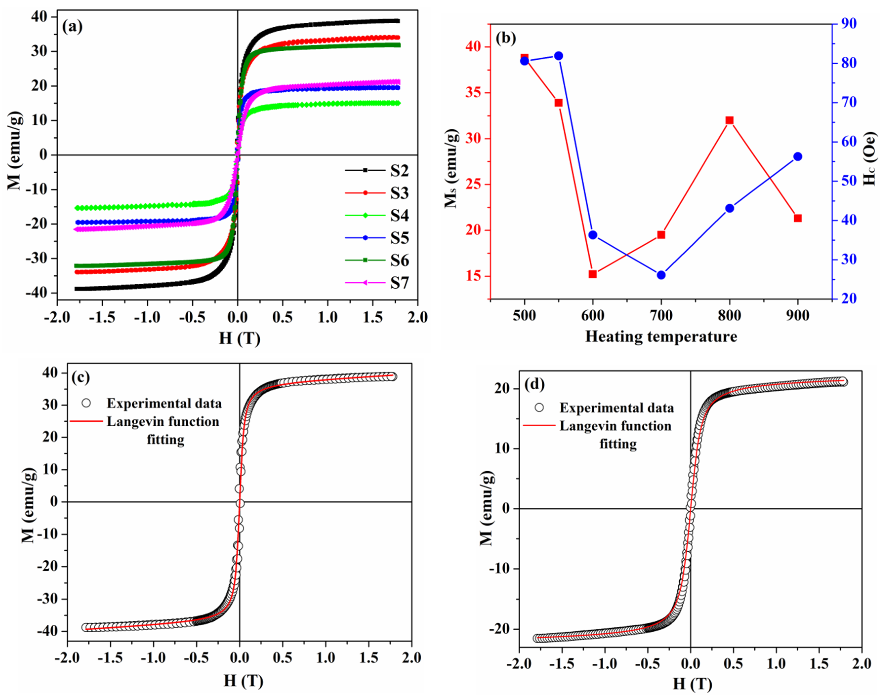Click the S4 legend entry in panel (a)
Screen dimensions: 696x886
pyautogui.click(x=399, y=216)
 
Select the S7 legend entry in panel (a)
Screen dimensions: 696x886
pyautogui.click(x=399, y=283)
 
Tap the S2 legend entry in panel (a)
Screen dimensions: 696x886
pyautogui.click(x=399, y=171)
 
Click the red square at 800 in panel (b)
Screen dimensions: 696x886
pyautogui.click(x=729, y=120)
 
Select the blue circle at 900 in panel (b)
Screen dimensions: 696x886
pyautogui.click(x=798, y=157)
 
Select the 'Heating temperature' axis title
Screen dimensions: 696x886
pyautogui.click(x=661, y=337)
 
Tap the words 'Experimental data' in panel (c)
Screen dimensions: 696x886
pyautogui.click(x=164, y=403)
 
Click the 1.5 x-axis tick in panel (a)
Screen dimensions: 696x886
pyautogui.click(x=372, y=317)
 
